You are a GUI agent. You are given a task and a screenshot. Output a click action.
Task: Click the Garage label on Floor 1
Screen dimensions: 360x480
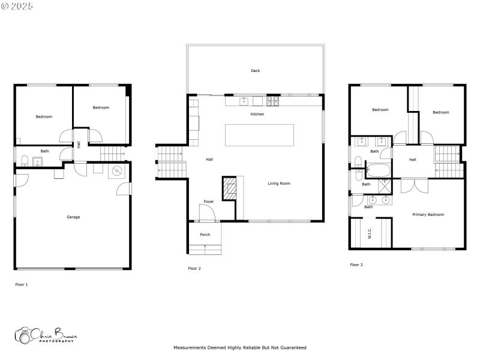(73, 217)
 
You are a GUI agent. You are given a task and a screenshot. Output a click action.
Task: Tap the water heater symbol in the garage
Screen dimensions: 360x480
(116, 172)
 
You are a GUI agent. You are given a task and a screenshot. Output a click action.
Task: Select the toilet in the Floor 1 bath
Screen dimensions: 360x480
(25, 160)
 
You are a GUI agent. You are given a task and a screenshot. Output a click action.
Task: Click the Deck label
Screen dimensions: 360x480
(255, 71)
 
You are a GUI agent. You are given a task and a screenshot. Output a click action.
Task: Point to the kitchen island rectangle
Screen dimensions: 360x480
(259, 135)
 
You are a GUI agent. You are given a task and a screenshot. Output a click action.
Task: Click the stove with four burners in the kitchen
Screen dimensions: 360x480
(273, 101)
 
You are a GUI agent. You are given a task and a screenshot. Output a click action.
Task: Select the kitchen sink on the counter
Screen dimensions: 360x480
(244, 101)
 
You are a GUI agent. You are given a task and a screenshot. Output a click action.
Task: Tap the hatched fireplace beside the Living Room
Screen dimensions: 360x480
(230, 188)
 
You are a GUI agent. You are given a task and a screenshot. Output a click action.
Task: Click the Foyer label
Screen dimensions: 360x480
(208, 202)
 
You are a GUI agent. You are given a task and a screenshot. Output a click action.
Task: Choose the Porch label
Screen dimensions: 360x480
(205, 235)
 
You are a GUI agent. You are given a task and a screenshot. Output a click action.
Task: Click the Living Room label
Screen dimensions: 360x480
(279, 183)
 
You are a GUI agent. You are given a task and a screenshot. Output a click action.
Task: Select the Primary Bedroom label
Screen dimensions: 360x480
(428, 214)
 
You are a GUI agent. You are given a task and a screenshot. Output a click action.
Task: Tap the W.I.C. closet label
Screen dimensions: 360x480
(370, 233)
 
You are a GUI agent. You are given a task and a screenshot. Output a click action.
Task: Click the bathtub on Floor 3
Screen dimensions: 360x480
(377, 170)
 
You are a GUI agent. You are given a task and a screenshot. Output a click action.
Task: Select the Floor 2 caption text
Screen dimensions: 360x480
(194, 268)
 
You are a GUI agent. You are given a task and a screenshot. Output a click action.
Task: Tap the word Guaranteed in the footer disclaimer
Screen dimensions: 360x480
(292, 347)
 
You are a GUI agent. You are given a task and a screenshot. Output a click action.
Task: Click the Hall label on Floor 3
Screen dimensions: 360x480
(413, 160)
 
